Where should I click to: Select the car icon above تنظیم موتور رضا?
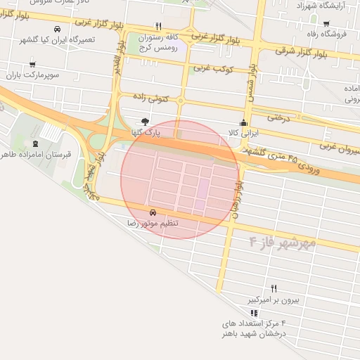coord(153,212)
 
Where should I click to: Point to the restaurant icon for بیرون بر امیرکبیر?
coord(274,288)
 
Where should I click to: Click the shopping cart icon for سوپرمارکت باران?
coord(32,64)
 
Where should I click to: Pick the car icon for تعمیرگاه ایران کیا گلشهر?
coord(56,29)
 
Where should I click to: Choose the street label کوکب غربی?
coord(213,68)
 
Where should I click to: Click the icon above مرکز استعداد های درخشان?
coord(254,313)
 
